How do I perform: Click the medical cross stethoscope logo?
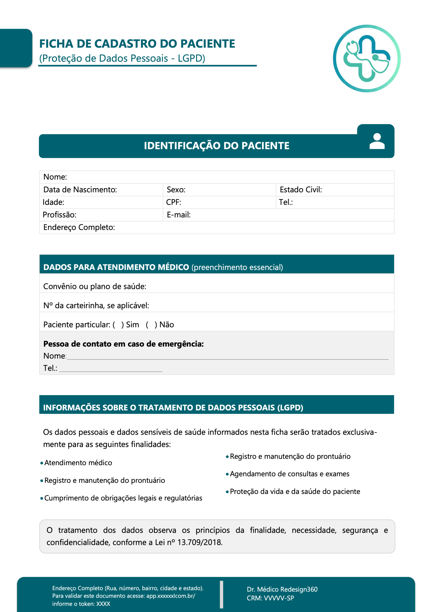367,58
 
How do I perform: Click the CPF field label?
173,202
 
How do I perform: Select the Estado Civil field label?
301,190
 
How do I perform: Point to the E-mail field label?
178,215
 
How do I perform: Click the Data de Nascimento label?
80,190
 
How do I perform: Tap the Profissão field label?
60,215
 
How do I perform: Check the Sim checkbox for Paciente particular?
118,325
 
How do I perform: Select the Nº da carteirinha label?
96,306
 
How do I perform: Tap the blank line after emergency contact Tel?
111,370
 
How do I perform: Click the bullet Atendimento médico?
78,463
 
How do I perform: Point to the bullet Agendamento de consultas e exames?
289,474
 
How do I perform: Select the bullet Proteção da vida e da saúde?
295,492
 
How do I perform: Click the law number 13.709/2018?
199,542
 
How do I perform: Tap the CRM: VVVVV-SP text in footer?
270,598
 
